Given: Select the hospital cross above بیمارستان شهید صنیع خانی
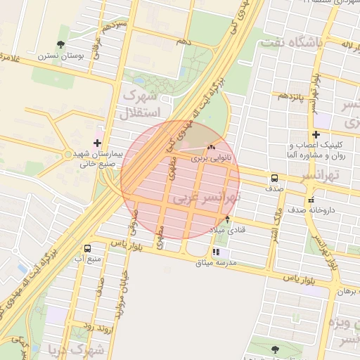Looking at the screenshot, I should click(x=96, y=143).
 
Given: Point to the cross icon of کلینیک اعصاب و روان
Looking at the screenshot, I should click(x=316, y=134).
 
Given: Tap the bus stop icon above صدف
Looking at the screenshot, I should click(x=274, y=178).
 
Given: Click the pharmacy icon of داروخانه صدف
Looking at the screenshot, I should click(x=311, y=200).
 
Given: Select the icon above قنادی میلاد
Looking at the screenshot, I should click(x=227, y=219).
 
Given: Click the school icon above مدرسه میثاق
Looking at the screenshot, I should click(x=216, y=251).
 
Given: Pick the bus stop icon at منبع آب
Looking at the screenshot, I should click(x=87, y=248).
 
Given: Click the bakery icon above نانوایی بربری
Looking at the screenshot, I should click(x=211, y=148).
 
